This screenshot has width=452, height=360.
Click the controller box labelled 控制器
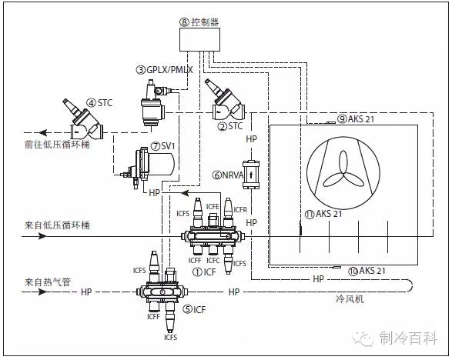click(x=199, y=40)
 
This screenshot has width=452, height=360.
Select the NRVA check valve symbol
click(x=251, y=175)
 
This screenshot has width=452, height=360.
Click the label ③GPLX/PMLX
click(x=164, y=70)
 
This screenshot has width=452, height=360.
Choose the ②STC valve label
click(x=230, y=126)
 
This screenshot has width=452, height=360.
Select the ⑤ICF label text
click(x=195, y=309)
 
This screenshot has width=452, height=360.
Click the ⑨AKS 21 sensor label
click(x=355, y=118)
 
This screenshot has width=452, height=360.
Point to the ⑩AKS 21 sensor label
click(x=367, y=271)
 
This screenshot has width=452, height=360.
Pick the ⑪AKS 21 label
click(x=323, y=214)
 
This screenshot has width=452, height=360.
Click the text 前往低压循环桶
click(x=57, y=144)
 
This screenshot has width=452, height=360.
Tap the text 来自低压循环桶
click(x=57, y=225)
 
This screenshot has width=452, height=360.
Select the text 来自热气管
click(x=48, y=282)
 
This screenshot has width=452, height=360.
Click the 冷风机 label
click(x=350, y=299)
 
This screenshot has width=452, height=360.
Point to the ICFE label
click(x=213, y=206)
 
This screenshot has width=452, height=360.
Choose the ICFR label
click(x=240, y=209)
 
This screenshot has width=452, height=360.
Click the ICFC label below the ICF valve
click(x=213, y=260)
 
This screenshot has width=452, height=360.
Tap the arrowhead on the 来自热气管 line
click(x=42, y=292)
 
